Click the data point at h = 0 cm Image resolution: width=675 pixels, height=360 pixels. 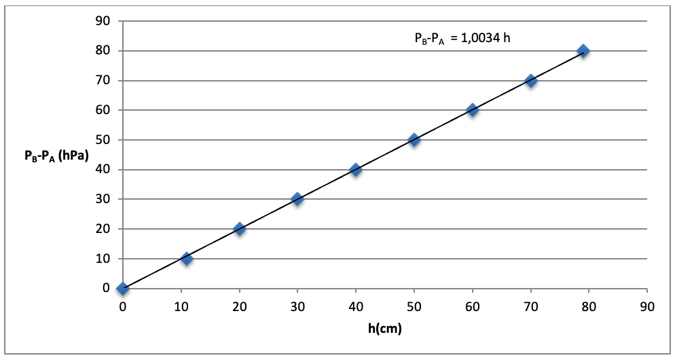click(x=122, y=289)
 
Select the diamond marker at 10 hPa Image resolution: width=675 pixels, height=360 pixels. click(x=187, y=259)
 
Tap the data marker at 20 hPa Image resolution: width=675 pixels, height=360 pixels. click(x=239, y=229)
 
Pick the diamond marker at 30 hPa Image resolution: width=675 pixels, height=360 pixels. click(x=297, y=199)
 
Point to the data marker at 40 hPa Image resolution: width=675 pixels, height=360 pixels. click(x=355, y=170)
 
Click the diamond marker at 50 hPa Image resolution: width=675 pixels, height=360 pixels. click(x=414, y=140)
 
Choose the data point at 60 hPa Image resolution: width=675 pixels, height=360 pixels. click(x=473, y=110)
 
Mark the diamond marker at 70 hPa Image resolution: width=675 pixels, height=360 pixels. click(x=531, y=81)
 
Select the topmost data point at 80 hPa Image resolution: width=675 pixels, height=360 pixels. click(x=583, y=51)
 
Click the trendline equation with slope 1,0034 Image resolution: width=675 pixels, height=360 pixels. click(x=462, y=38)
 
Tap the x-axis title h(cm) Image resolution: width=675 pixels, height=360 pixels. click(x=384, y=329)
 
